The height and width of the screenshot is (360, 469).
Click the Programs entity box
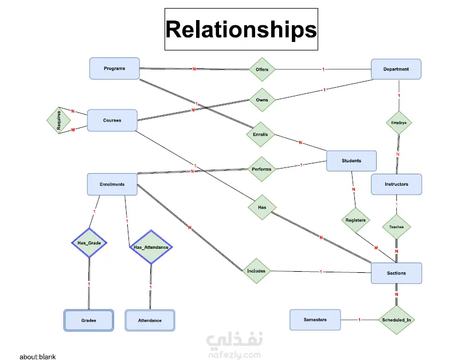click(x=115, y=68)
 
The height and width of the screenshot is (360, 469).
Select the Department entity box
click(x=396, y=69)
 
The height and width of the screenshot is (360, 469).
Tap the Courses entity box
click(x=112, y=120)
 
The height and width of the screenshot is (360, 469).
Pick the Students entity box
click(x=351, y=161)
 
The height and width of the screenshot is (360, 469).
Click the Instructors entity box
click(x=396, y=184)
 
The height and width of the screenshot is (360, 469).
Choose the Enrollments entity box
click(x=112, y=185)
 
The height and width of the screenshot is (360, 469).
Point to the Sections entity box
click(x=396, y=273)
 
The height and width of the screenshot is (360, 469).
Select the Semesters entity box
click(x=315, y=320)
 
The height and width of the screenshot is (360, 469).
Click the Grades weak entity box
click(x=88, y=320)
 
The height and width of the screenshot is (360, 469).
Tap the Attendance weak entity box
click(x=150, y=320)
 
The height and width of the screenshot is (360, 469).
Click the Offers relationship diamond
click(x=262, y=69)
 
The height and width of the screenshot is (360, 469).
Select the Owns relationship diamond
click(x=262, y=100)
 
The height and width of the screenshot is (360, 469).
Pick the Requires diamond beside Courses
click(x=58, y=120)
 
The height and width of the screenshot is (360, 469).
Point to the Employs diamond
click(x=398, y=123)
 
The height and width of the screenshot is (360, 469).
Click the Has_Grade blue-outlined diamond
click(x=89, y=243)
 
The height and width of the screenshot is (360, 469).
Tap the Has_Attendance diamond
click(x=151, y=247)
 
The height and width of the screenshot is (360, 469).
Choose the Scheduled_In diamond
click(x=397, y=320)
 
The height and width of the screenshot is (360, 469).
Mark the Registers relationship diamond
click(x=355, y=220)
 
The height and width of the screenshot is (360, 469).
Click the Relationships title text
click(x=241, y=29)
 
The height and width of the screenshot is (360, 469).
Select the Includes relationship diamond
click(x=256, y=271)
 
